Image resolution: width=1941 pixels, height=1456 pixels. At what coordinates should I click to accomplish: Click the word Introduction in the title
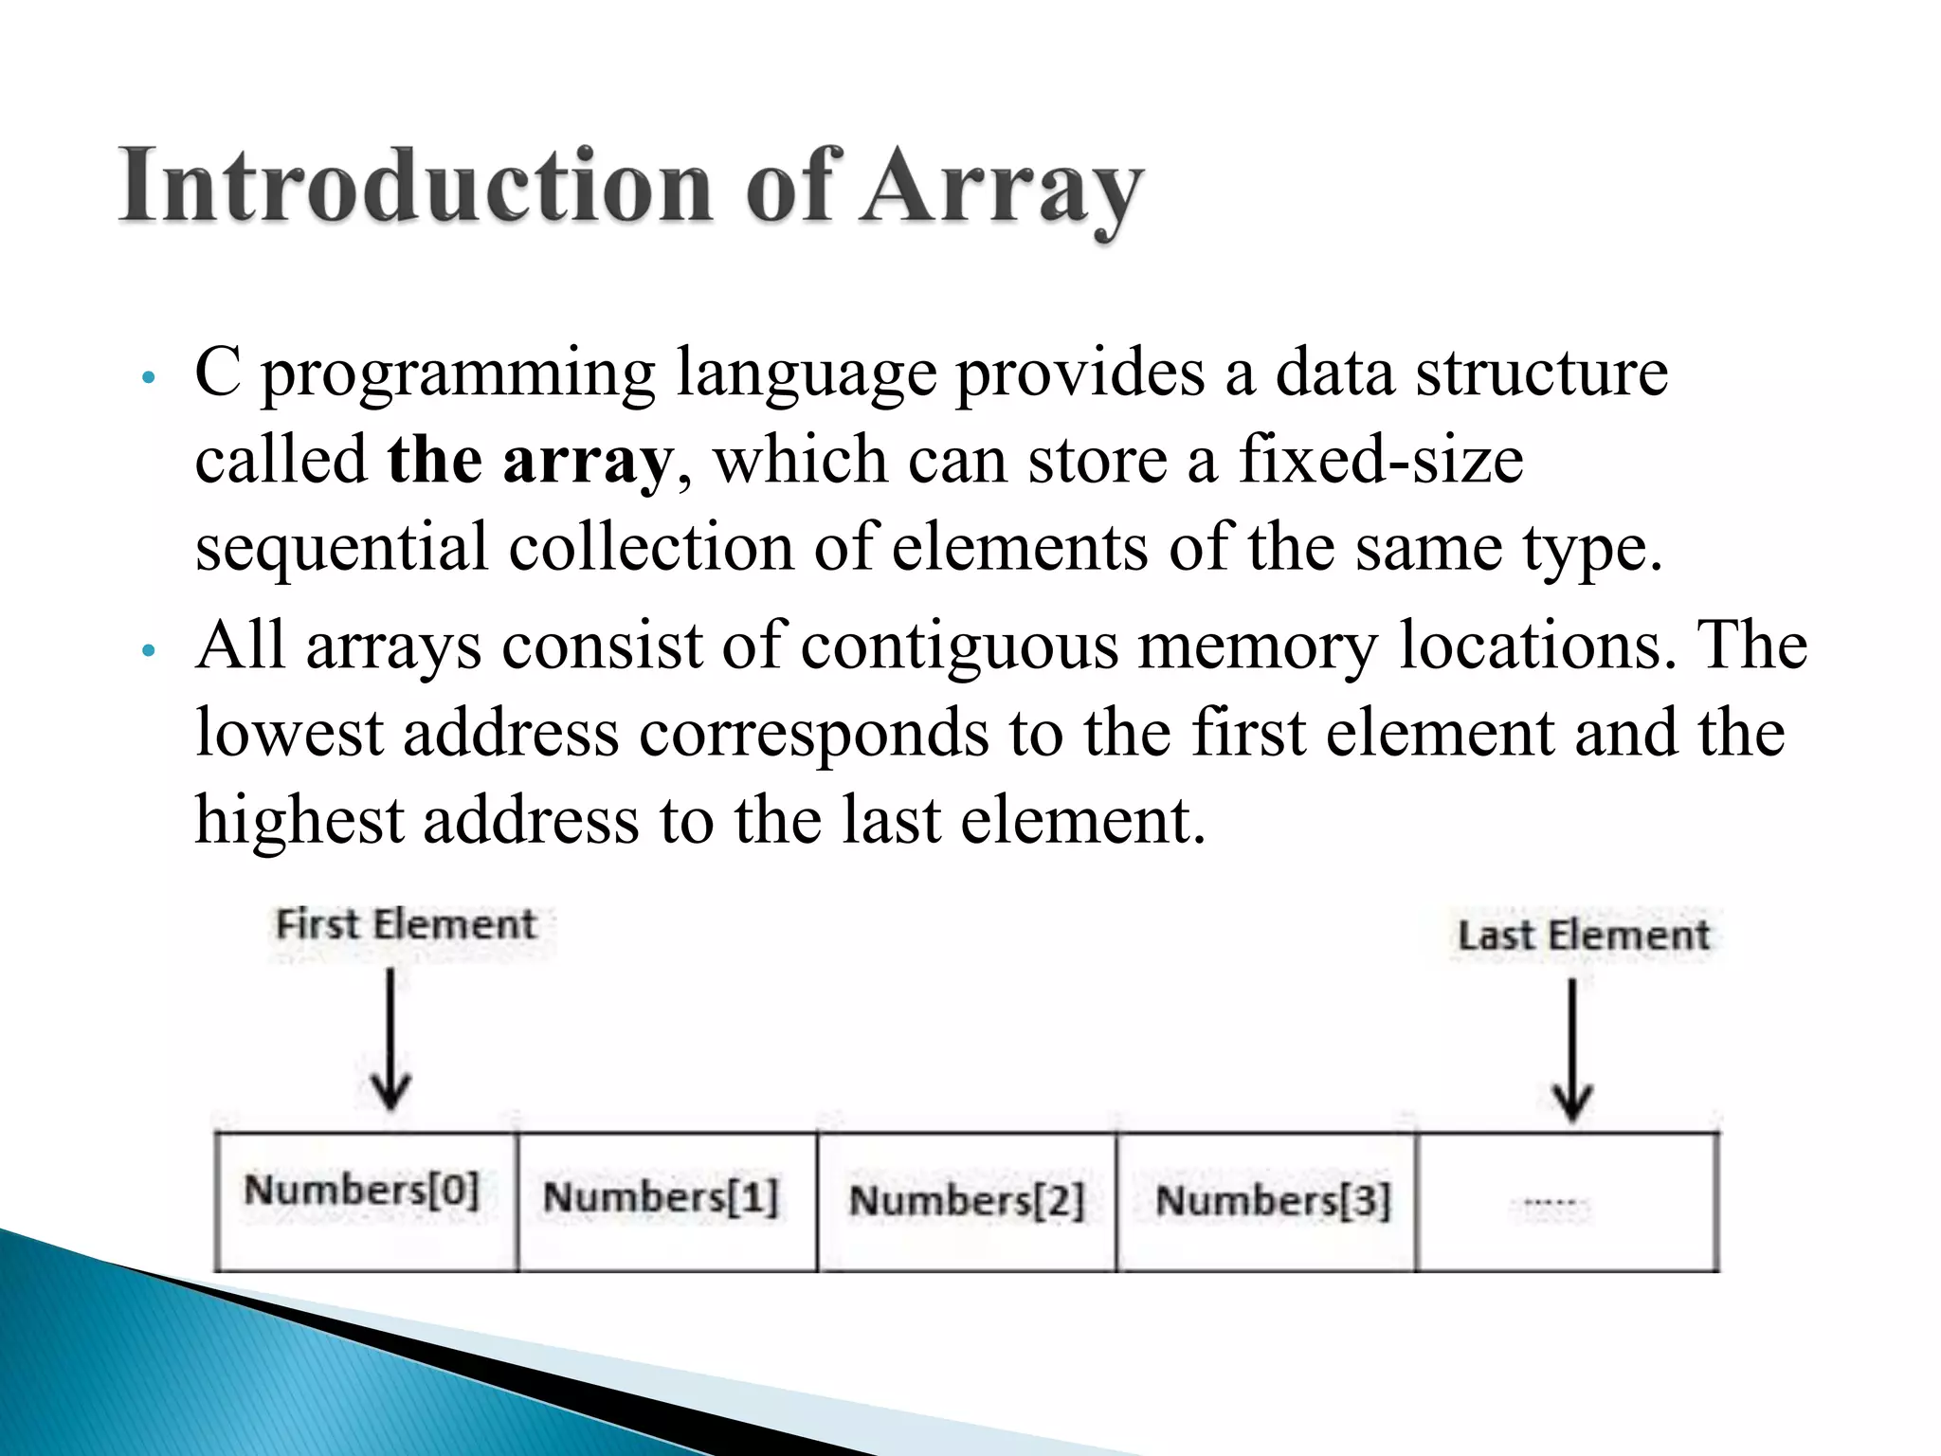coord(415,187)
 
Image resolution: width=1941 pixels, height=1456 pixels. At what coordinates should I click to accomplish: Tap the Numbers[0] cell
coord(366,1201)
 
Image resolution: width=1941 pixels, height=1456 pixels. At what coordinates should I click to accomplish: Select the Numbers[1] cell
coord(666,1201)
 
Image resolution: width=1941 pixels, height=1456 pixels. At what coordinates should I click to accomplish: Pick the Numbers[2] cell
coord(967,1201)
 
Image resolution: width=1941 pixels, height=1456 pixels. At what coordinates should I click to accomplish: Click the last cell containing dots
coord(1567,1202)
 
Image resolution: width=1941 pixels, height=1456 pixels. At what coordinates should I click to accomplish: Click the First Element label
coord(406,924)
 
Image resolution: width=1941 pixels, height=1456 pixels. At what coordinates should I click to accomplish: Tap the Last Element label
coord(1584,936)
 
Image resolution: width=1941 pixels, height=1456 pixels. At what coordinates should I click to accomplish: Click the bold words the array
coord(529,461)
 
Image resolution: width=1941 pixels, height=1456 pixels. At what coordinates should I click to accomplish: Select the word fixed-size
coord(1381,461)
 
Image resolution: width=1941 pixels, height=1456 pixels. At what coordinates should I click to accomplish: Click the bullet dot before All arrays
coord(147,651)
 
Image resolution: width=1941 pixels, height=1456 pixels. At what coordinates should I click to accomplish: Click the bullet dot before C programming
coord(147,378)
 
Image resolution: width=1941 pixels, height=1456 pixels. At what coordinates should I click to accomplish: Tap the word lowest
coord(288,734)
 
